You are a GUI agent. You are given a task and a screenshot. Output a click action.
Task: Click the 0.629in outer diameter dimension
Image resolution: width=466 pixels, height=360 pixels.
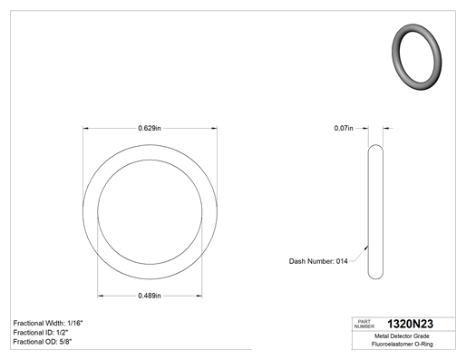coord(150,128)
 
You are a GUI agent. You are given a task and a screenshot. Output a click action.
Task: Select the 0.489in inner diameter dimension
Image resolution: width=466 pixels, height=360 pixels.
coord(150,296)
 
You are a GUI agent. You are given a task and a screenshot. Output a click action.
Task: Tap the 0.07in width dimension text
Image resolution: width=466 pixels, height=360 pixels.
coord(344,128)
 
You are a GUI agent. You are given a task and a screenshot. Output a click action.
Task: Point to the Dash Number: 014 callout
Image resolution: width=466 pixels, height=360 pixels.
coord(318,261)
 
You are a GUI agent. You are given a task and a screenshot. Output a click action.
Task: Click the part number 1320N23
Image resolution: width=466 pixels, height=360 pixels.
coord(410,324)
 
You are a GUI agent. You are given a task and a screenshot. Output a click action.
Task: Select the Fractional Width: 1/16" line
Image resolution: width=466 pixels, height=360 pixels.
coord(48,323)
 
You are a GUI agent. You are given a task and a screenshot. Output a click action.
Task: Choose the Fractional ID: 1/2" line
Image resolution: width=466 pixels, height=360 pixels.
coord(41,333)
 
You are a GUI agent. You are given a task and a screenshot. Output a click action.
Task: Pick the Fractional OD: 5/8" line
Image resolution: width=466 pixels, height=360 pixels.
coord(43,342)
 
